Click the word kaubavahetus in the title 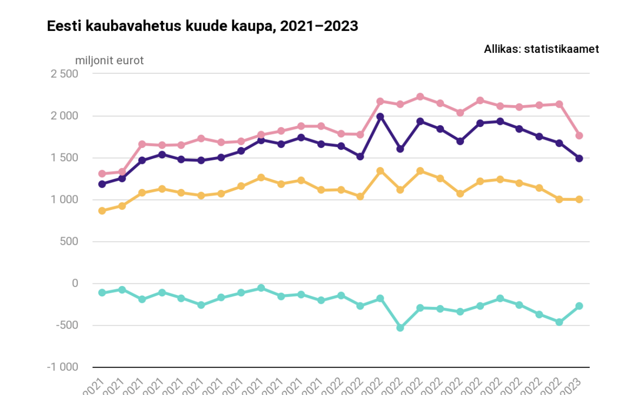pos(134,26)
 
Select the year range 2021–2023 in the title pos(319,26)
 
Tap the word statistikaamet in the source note pos(561,49)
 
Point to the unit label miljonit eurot pos(109,61)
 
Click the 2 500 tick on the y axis pos(64,74)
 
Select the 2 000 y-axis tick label pos(64,116)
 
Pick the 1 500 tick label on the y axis pos(64,158)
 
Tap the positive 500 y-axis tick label pos(69,242)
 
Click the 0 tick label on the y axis pos(75,283)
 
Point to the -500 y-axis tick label pos(67,325)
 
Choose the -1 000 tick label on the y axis pos(63,367)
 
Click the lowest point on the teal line pos(400,328)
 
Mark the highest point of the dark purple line pos(380,116)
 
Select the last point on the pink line pos(579,136)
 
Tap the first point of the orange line pos(102,211)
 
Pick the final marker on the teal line pos(579,306)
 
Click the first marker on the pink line pos(102,174)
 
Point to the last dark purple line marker pos(579,158)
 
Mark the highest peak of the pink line pos(420,97)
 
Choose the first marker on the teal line pos(102,293)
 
